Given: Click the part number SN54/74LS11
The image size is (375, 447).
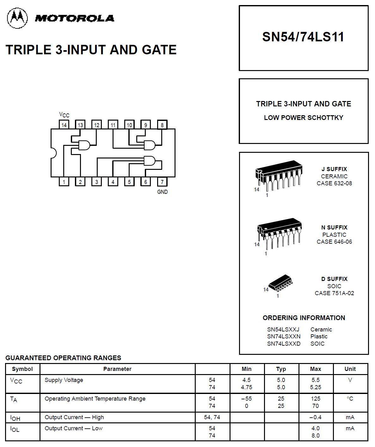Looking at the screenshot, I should click(303, 37).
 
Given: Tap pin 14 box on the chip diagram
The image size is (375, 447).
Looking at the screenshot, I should click(64, 125).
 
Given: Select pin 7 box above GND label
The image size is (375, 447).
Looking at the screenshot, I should click(162, 182).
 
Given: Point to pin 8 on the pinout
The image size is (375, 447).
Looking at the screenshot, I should click(162, 125).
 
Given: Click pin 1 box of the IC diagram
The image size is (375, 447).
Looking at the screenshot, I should click(64, 182).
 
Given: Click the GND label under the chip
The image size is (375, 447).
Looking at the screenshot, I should click(162, 192).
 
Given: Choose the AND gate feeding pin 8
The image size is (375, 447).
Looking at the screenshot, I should click(150, 145).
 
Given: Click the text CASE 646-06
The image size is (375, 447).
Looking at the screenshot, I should click(334, 242).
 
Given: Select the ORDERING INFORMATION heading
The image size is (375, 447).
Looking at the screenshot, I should click(304, 318).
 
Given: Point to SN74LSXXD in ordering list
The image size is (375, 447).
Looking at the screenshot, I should click(284, 344).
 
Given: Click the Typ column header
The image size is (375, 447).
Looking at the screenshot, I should click(281, 369).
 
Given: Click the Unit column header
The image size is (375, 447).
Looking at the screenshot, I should click(350, 369).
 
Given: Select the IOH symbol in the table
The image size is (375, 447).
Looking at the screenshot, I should click(15, 418).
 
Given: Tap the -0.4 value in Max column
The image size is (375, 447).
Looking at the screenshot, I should click(315, 417).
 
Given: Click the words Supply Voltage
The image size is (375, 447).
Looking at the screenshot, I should click(64, 380).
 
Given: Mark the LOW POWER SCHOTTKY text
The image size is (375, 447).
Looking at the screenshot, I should click(303, 118).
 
